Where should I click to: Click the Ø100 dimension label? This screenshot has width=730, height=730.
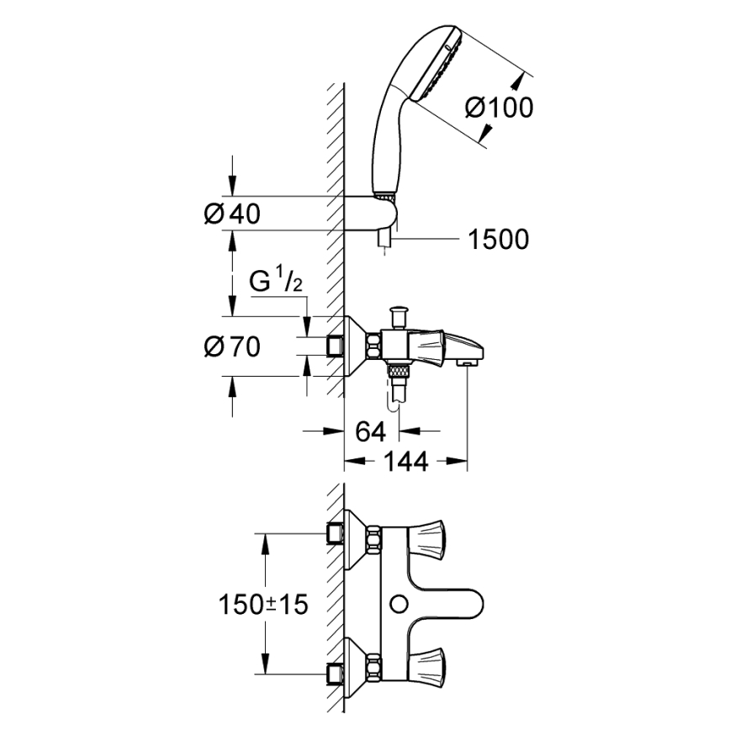pos(500,108)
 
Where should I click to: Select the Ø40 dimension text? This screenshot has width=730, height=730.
pos(232,214)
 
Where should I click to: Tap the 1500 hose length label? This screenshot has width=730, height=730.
pos(499,240)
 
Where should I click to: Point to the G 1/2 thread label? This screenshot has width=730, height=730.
pos(276,283)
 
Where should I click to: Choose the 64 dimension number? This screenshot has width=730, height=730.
pos(370,431)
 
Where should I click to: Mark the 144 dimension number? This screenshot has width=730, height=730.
pos(406,461)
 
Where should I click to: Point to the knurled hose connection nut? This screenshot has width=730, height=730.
pos(399,369)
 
